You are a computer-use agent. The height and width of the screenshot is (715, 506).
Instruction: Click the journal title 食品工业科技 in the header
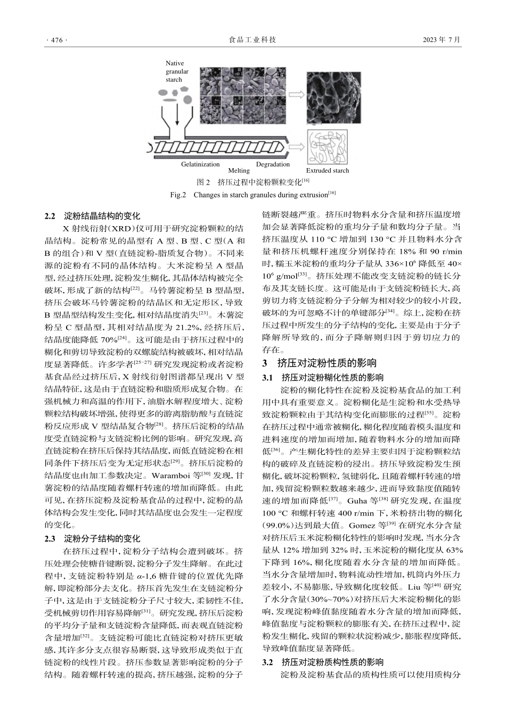pyautogui.click(x=252, y=40)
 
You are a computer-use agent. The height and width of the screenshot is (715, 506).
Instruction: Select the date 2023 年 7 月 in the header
pyautogui.click(x=441, y=40)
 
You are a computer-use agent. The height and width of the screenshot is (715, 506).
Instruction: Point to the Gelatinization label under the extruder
pyautogui.click(x=200, y=164)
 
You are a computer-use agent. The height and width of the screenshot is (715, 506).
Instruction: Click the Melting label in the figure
pyautogui.click(x=239, y=171)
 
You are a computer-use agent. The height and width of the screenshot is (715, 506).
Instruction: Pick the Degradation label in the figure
pyautogui.click(x=273, y=164)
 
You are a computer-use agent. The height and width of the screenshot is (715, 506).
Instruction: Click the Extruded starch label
pyautogui.click(x=328, y=171)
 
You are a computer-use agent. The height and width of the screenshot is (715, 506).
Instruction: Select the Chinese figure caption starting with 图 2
pyautogui.click(x=252, y=182)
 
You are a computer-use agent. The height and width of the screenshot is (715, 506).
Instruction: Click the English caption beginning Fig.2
pyautogui.click(x=252, y=195)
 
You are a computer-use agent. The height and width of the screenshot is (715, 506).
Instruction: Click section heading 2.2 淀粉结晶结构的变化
pyautogui.click(x=92, y=217)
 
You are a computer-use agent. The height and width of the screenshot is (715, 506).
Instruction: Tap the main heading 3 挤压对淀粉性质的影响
pyautogui.click(x=320, y=363)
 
